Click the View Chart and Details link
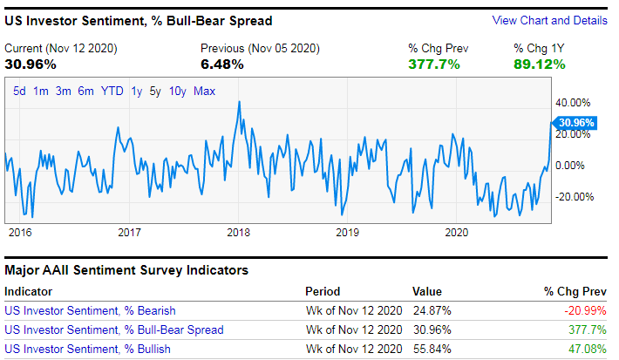[x=549, y=20]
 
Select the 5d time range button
[x=19, y=91]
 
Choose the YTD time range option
[x=112, y=91]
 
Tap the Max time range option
[x=204, y=91]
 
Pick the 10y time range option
[x=177, y=91]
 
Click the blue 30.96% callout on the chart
[x=575, y=123]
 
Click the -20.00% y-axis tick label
[x=575, y=196]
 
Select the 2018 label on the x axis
[x=238, y=232]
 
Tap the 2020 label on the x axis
[x=457, y=232]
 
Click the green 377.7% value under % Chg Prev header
[x=433, y=64]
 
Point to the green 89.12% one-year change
[x=539, y=64]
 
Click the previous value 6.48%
[x=221, y=64]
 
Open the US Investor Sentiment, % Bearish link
[x=90, y=310]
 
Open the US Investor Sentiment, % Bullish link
[x=87, y=349]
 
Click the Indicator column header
[x=28, y=291]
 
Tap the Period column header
[x=323, y=291]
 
